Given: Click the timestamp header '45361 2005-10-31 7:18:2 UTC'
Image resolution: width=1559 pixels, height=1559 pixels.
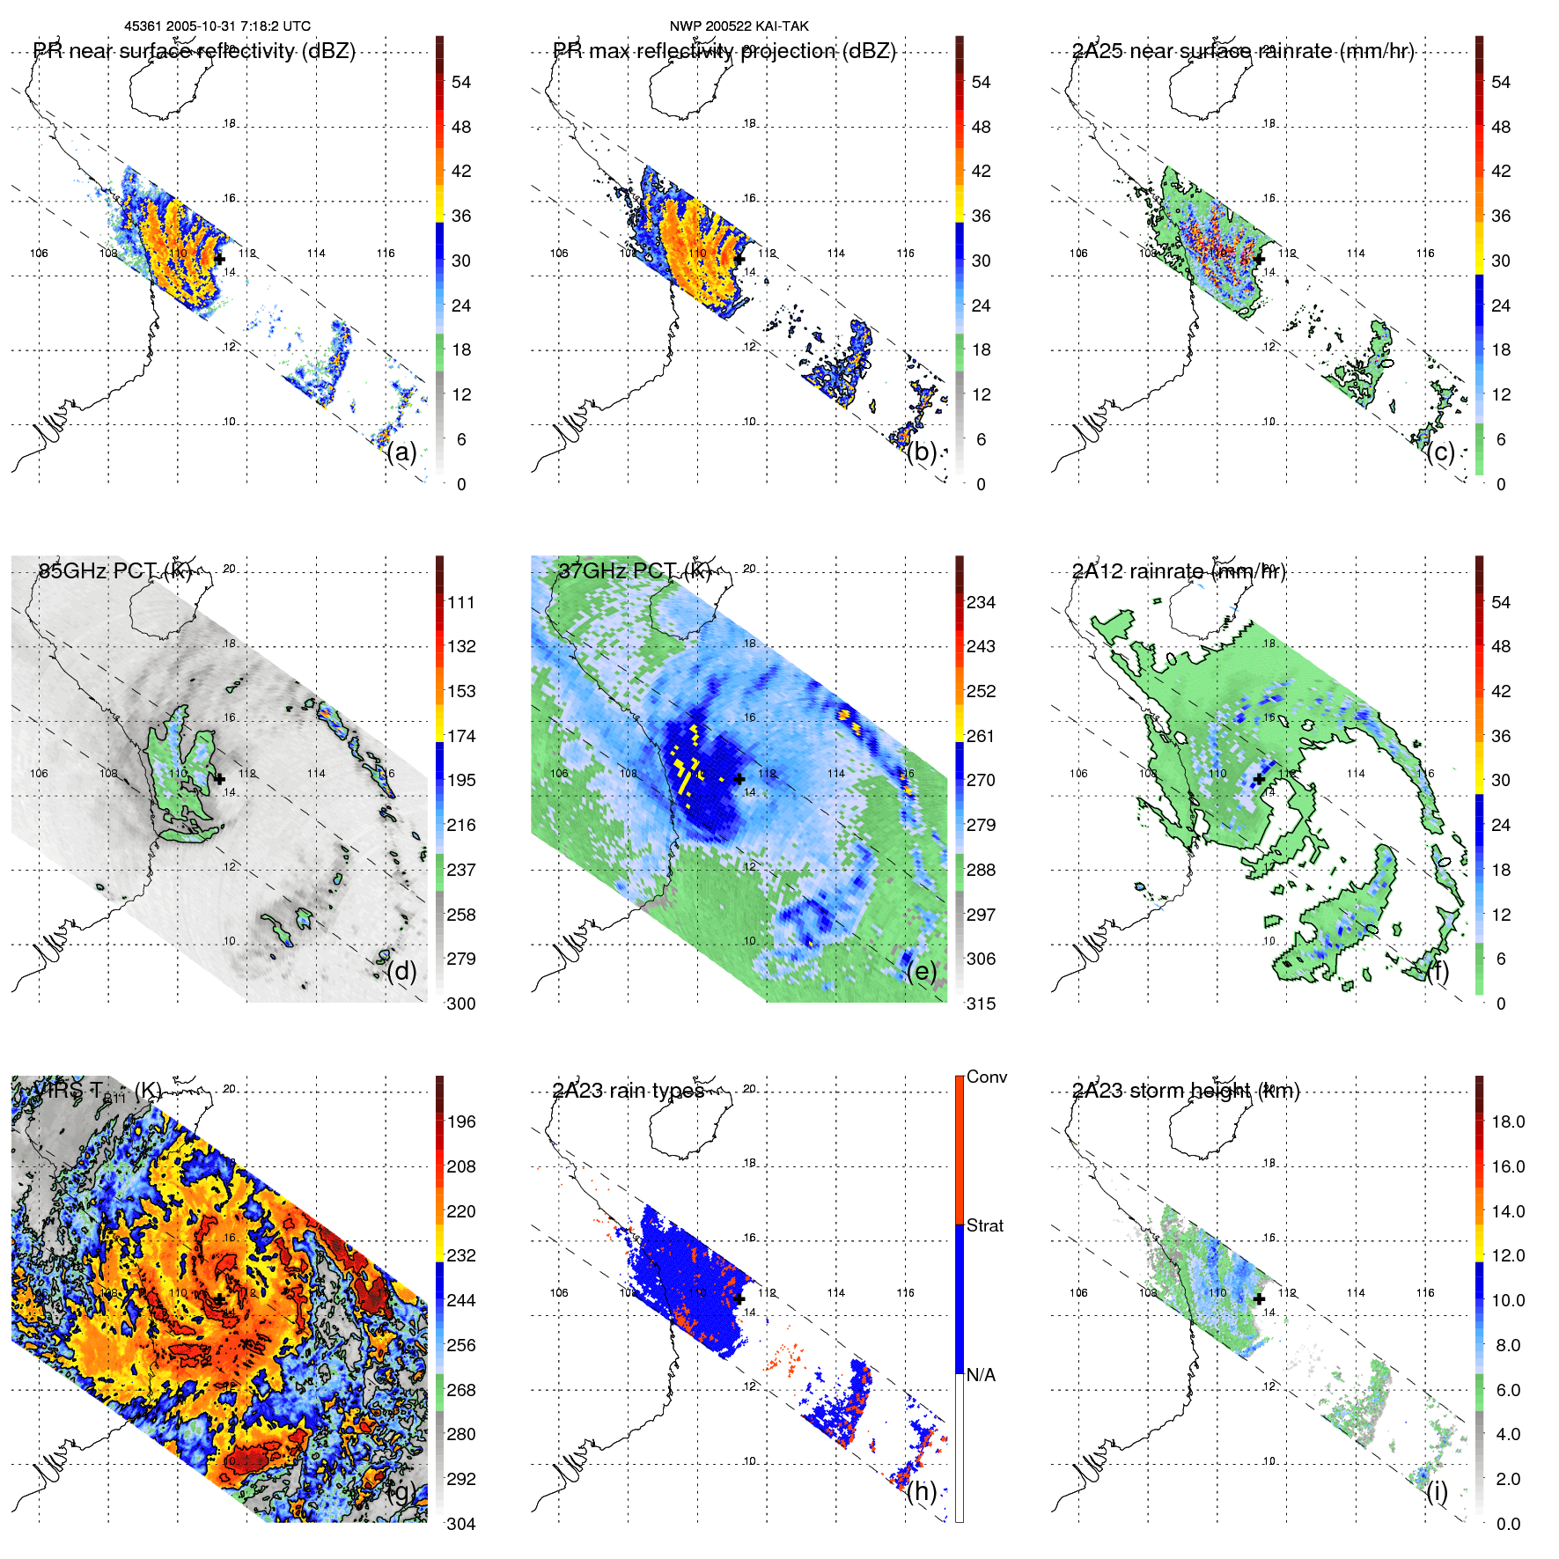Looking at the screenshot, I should click(217, 26).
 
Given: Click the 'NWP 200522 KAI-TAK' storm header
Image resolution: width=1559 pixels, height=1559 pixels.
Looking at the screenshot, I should click(739, 26).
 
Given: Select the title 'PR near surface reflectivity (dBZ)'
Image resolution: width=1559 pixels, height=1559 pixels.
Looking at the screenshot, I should click(195, 51).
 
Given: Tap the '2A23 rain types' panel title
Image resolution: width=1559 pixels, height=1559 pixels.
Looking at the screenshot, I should click(629, 1091).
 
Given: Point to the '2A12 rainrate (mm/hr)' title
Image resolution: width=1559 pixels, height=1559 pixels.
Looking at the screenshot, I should click(1179, 571).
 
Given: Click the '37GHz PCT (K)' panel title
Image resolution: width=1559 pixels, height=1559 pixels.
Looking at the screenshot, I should click(634, 571).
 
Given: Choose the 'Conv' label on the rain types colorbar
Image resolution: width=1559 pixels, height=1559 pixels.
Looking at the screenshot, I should click(986, 1077).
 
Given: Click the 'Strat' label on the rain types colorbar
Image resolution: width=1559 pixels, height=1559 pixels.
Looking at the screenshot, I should click(984, 1226).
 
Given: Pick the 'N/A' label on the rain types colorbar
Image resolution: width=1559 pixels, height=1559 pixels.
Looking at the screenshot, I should click(981, 1375).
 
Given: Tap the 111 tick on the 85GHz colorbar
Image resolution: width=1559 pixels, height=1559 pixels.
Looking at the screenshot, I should click(461, 603).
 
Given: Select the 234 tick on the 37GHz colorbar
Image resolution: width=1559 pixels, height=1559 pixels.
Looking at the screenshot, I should click(981, 603).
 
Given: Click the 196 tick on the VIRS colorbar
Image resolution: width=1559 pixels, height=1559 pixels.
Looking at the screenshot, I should click(461, 1122).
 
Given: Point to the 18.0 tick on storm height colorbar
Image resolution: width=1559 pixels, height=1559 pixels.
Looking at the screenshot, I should click(1507, 1122).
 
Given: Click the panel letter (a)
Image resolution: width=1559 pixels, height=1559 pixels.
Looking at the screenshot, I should click(401, 452).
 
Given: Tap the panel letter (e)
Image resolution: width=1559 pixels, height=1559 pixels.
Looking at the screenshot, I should click(922, 972).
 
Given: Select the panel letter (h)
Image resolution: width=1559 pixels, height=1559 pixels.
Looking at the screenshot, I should click(922, 1491).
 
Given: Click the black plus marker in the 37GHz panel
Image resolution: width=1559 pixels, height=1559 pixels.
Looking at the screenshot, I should click(739, 779).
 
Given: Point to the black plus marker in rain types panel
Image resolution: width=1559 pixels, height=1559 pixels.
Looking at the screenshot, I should click(739, 1298).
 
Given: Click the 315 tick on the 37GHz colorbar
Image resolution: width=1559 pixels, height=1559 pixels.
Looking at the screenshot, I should click(981, 1004).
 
